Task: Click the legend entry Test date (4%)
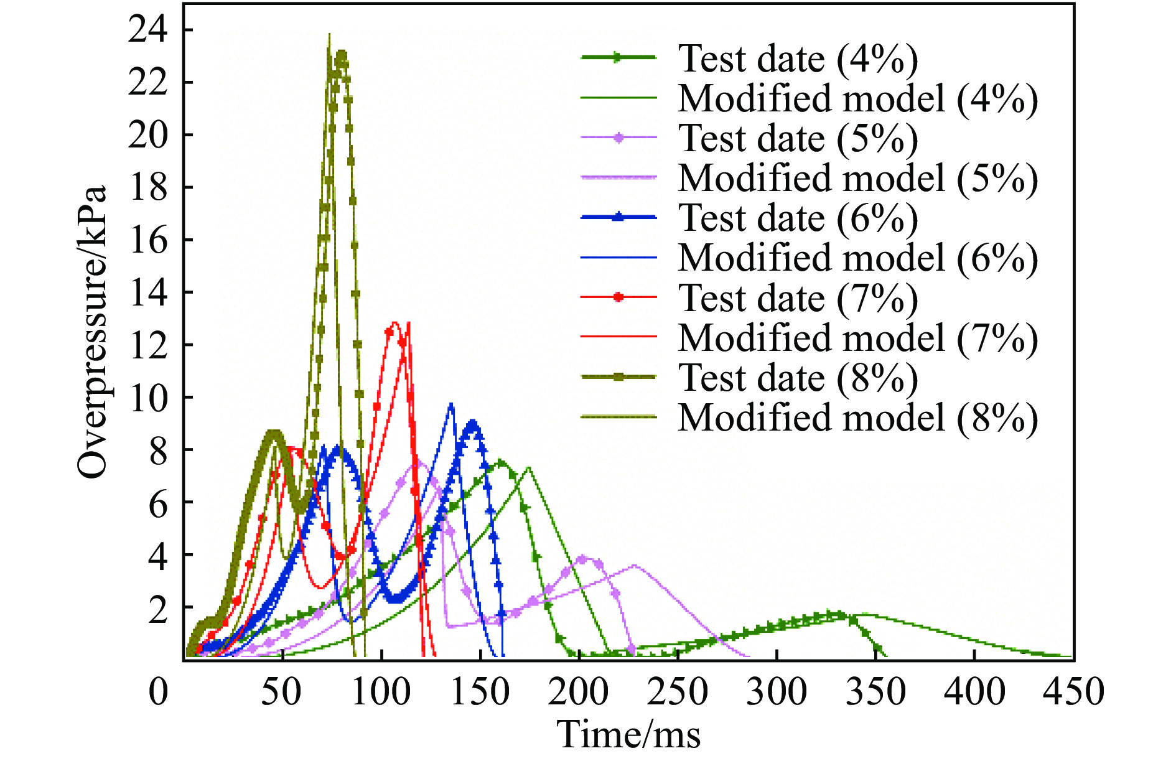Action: click(x=798, y=59)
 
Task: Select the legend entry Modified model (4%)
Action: click(x=857, y=99)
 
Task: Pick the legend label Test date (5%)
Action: click(x=798, y=139)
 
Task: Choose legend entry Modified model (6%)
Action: click(x=857, y=258)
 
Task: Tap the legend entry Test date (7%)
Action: click(x=798, y=299)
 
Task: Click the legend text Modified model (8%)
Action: click(x=857, y=418)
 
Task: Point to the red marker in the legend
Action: click(x=618, y=297)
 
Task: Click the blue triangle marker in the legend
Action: click(x=618, y=217)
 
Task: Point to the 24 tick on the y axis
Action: click(x=148, y=30)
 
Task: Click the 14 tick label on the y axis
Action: click(x=148, y=292)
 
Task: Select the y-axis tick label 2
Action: click(x=158, y=608)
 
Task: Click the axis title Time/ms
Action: click(x=628, y=734)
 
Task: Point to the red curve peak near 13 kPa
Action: click(x=394, y=323)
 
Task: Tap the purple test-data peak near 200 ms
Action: click(x=583, y=558)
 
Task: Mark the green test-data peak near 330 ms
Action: click(x=837, y=614)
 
